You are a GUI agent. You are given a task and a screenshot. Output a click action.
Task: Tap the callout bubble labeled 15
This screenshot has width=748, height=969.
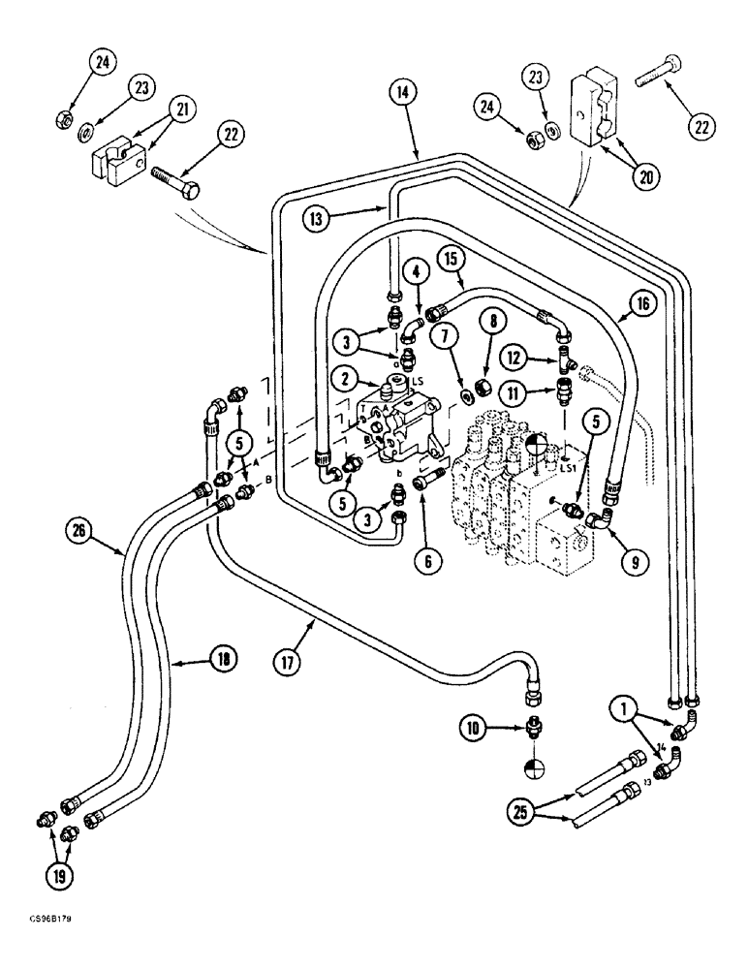pyautogui.click(x=451, y=260)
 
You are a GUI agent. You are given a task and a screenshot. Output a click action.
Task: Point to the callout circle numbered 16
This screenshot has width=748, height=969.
pyautogui.click(x=647, y=303)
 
